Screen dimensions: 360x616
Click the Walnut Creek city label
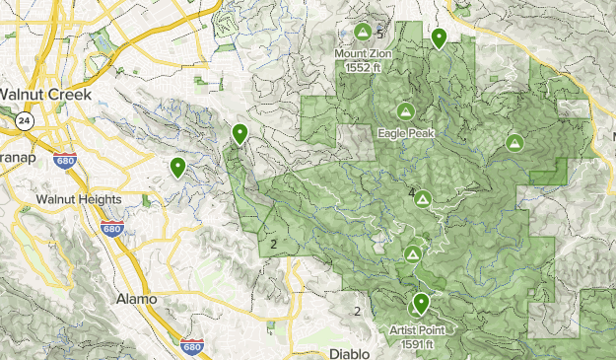[45, 95]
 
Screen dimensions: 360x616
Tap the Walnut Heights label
[79, 199]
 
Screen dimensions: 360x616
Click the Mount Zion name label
[363, 54]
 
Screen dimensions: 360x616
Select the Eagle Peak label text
[403, 131]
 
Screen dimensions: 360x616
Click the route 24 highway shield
[22, 120]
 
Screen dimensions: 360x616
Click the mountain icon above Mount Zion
[363, 33]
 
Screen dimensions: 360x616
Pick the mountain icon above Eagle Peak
[404, 110]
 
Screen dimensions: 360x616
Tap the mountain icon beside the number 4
[422, 199]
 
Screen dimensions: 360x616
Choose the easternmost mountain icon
[513, 143]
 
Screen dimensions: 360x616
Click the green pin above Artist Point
[421, 303]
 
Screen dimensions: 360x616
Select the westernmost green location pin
[177, 168]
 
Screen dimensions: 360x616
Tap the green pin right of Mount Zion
[439, 38]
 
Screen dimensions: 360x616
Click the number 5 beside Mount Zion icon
[378, 35]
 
